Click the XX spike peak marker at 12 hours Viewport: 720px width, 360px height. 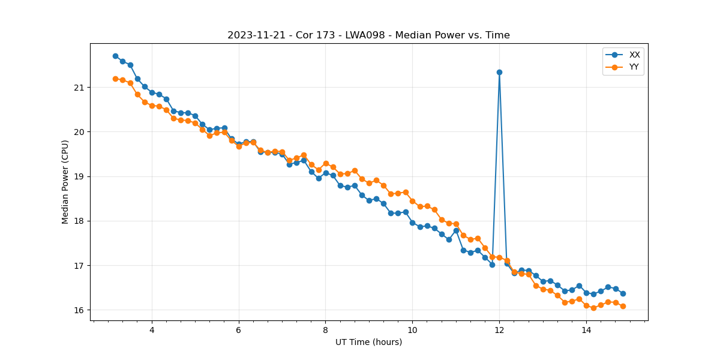click(499, 72)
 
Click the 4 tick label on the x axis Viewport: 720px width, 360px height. click(152, 330)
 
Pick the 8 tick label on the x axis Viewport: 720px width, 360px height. click(325, 330)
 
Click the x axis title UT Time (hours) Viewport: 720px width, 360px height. click(368, 342)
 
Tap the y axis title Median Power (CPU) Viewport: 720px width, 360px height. click(65, 182)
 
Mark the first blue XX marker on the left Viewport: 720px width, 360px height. click(115, 56)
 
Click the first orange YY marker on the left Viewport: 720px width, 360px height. click(115, 79)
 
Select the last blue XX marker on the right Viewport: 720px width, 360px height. click(623, 293)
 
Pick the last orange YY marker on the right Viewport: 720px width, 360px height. click(623, 306)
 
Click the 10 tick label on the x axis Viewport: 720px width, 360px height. click(412, 330)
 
